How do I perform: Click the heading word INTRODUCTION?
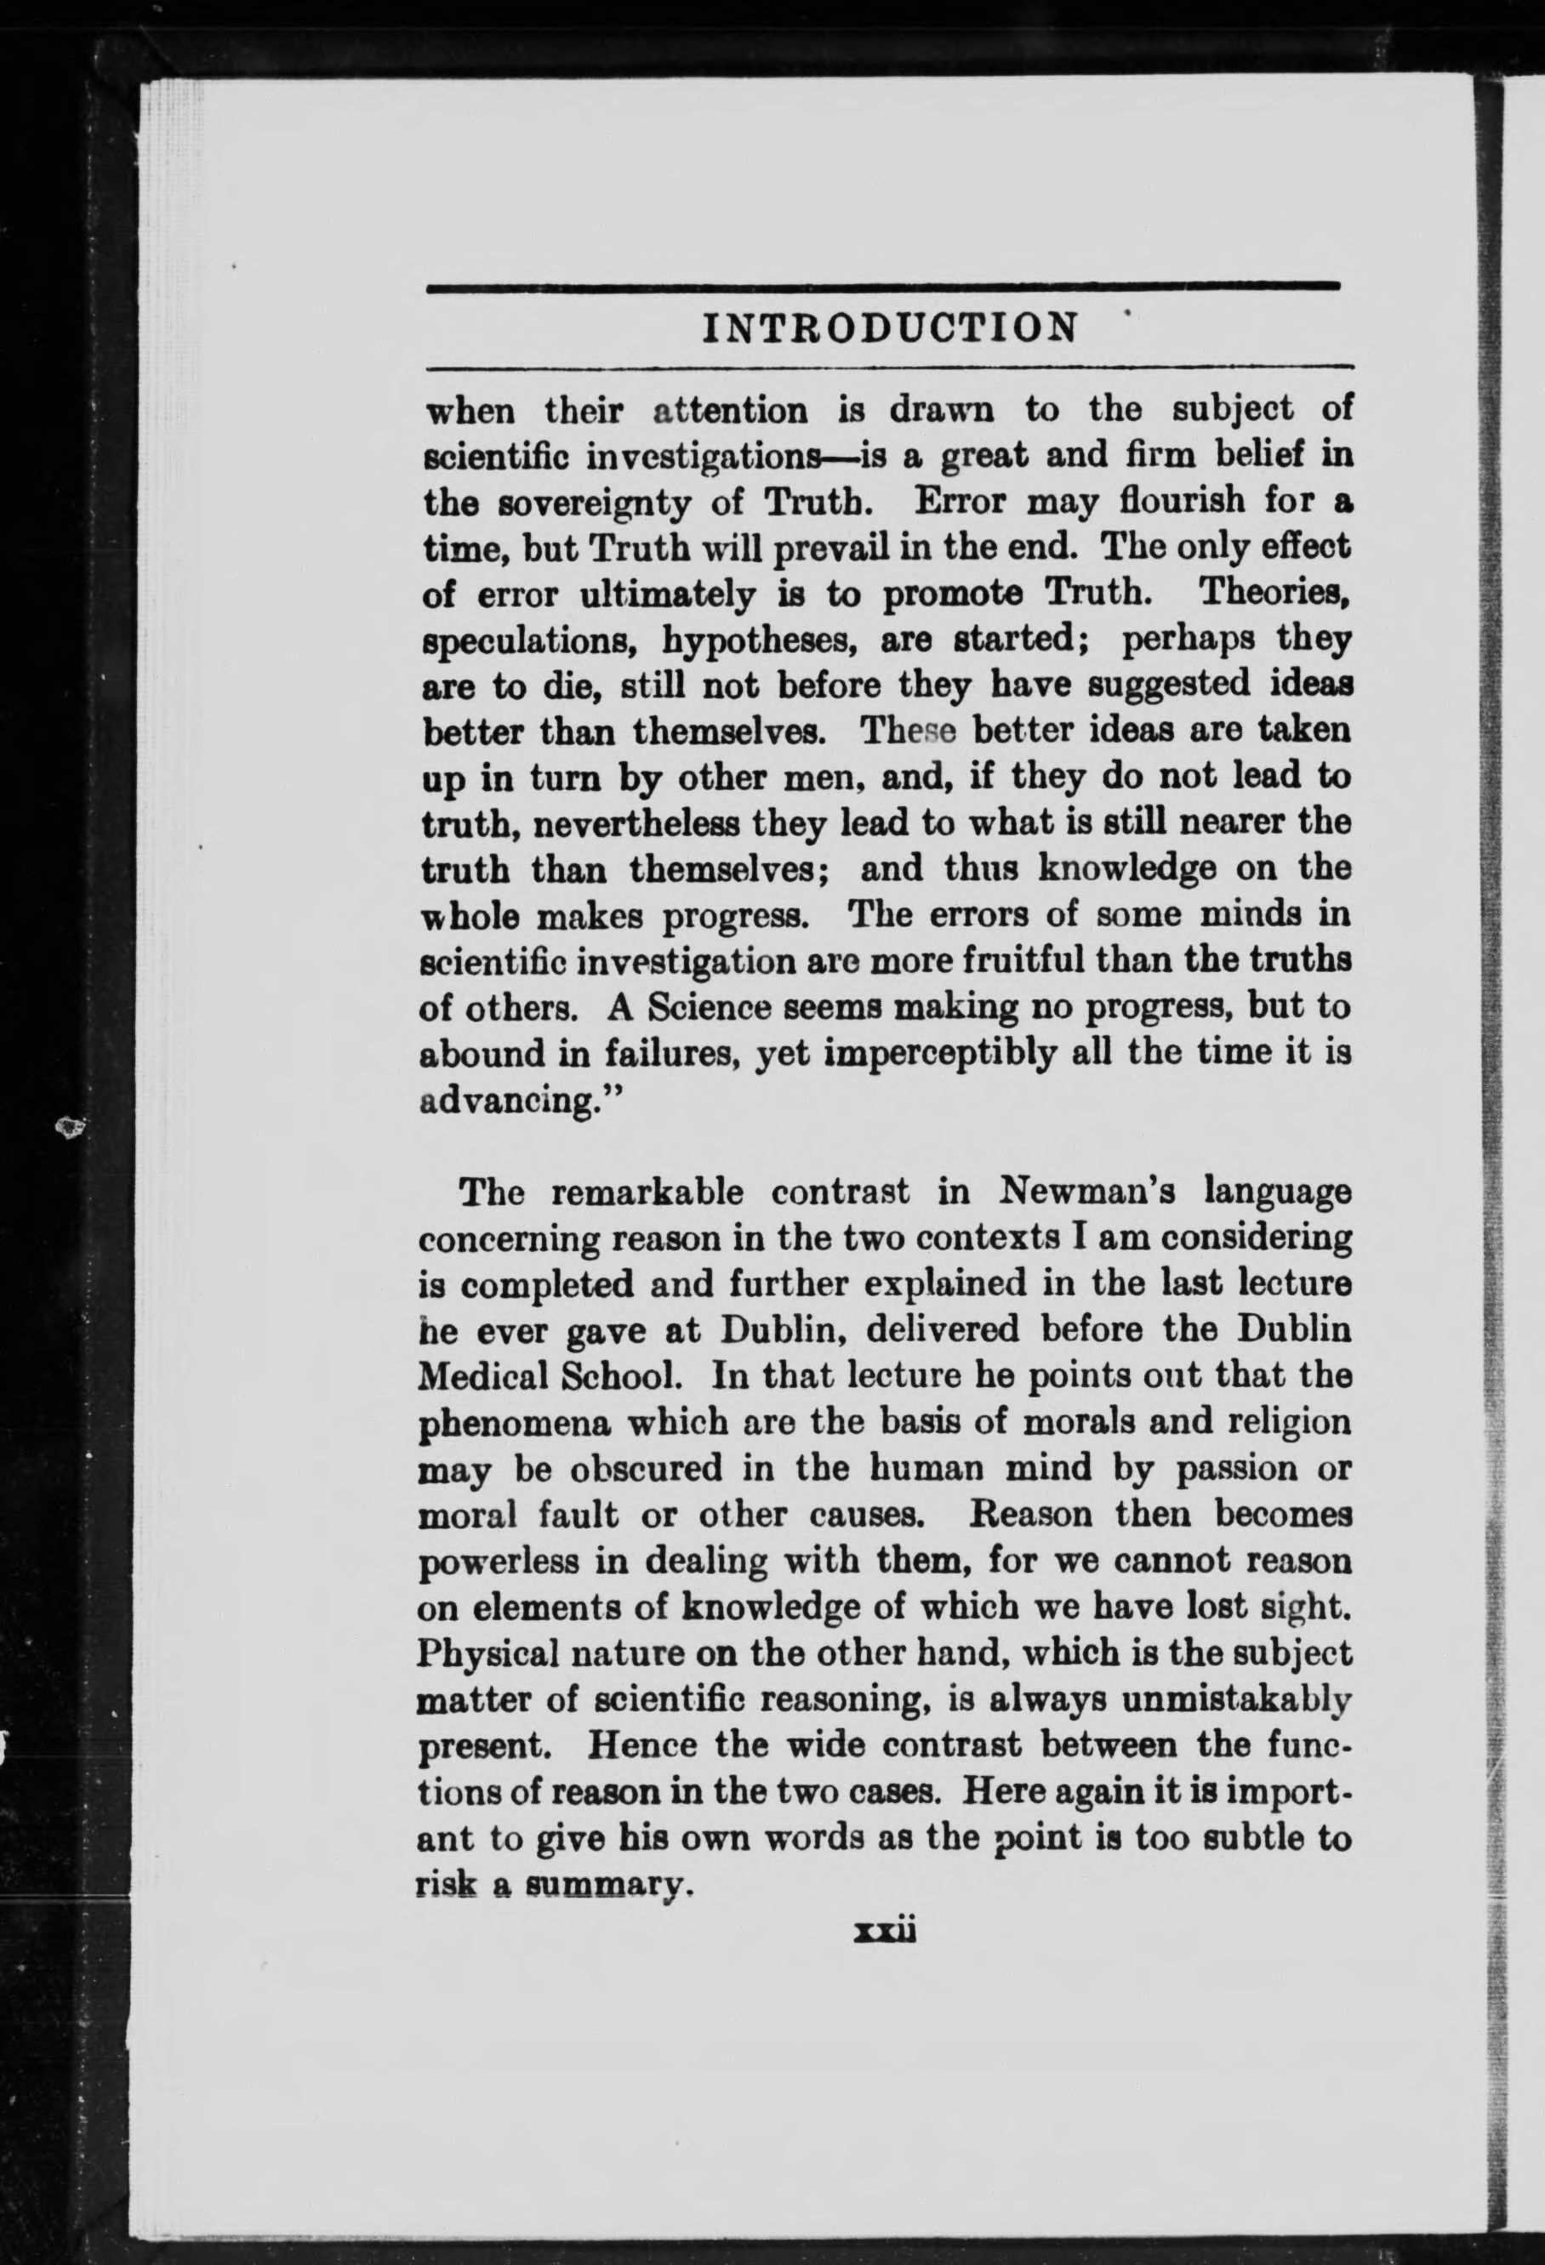[x=889, y=327]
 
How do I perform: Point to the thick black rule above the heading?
[x=882, y=286]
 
